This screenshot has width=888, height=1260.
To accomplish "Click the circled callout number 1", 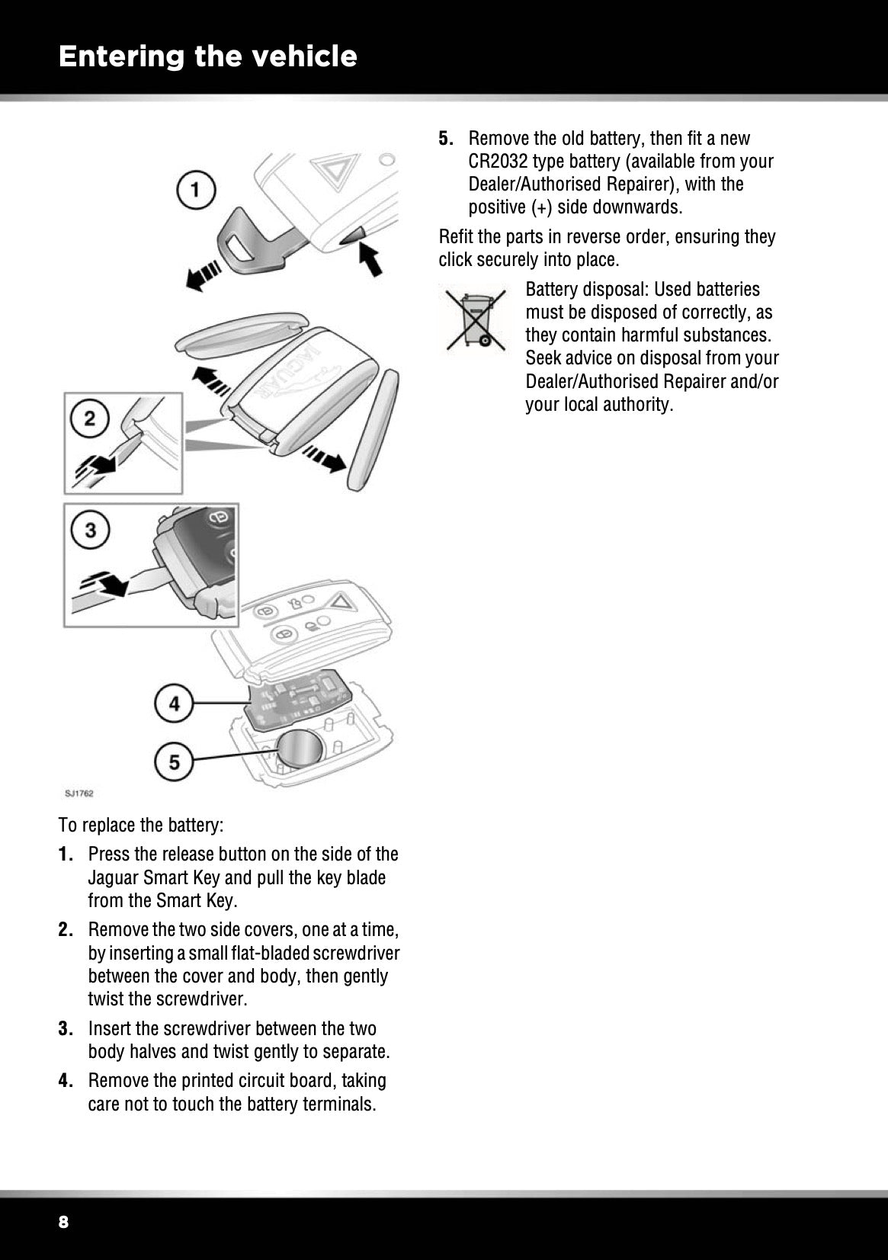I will tap(197, 190).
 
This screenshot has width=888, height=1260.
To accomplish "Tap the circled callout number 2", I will tap(91, 418).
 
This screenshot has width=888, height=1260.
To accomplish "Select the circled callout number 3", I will tap(91, 529).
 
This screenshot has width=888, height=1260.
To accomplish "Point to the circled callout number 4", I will tap(175, 704).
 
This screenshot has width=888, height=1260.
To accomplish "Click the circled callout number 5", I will tap(175, 761).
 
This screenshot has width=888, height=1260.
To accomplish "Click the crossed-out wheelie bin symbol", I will tap(476, 319).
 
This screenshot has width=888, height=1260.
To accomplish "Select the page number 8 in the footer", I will tap(63, 1223).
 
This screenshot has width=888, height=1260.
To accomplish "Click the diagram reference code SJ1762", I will tap(79, 794).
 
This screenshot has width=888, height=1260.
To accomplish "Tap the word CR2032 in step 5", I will tap(498, 162).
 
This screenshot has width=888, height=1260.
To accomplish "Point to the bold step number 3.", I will tap(66, 1029).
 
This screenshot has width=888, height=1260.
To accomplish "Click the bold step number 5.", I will tap(447, 139).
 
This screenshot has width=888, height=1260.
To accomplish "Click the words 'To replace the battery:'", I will tap(141, 826).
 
